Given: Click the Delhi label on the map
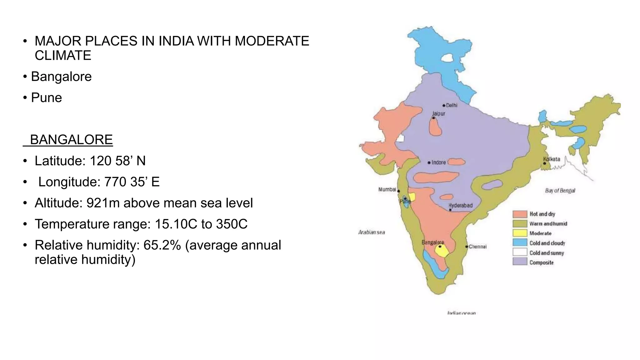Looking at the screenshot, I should tap(452, 105).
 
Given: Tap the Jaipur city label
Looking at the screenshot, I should tap(439, 114).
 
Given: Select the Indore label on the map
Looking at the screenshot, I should tap(438, 162).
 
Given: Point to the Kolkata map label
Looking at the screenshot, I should tap(552, 159).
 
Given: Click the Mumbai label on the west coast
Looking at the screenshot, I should tap(387, 189).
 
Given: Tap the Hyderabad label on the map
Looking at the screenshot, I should tap(460, 205).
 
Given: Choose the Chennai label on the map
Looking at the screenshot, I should tap(477, 247).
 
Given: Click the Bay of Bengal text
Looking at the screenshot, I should tap(560, 191).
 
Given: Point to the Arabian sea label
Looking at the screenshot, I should tap(372, 232).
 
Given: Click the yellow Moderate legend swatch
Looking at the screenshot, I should tap(520, 233).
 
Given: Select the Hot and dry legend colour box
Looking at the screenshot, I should tap(520, 214).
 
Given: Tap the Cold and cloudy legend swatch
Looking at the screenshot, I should tap(520, 243).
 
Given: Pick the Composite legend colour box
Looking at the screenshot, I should tap(520, 262).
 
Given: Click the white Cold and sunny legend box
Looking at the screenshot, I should tap(520, 252).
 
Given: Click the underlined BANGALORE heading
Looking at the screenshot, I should tap(71, 140).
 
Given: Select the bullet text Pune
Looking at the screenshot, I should tap(47, 98).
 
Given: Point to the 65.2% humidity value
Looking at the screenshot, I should tap(162, 245).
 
